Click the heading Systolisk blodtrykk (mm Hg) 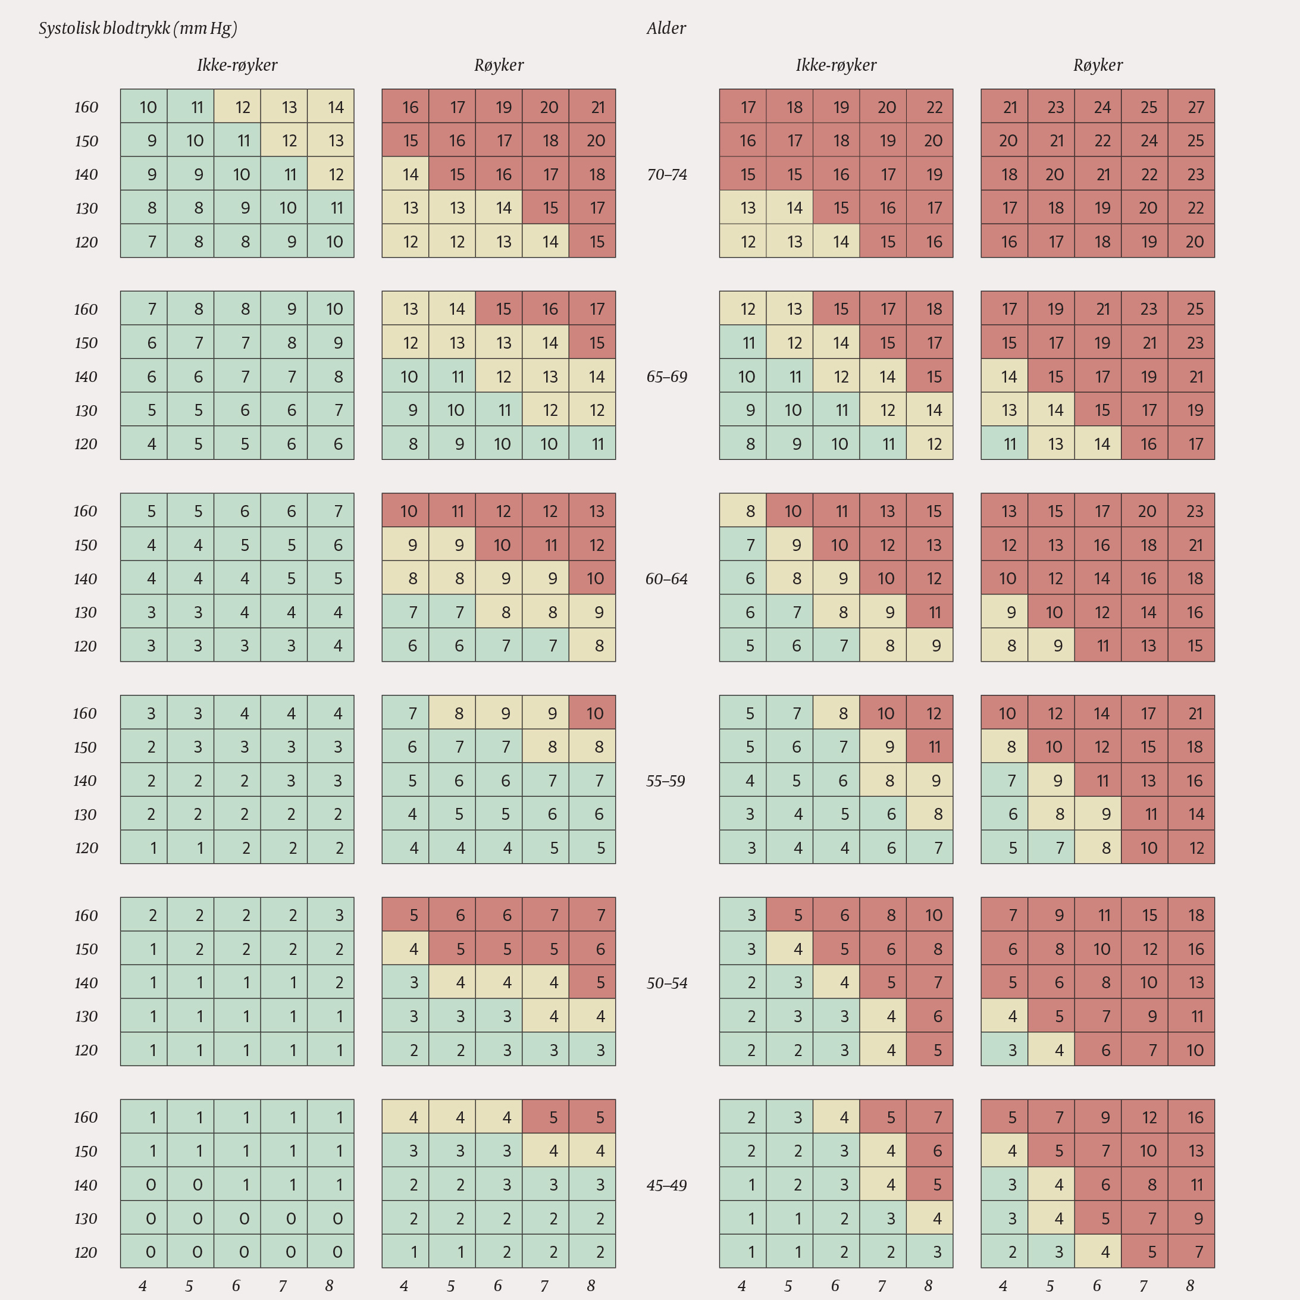(138, 29)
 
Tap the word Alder (666, 29)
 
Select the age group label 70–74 (667, 174)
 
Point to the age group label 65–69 (667, 376)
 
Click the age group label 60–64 (667, 579)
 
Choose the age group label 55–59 (666, 781)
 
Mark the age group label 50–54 (667, 982)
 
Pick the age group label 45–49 (667, 1185)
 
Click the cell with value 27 (1191, 106)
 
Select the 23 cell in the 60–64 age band (1191, 510)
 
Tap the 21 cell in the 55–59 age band (1191, 713)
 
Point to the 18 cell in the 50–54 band (1191, 914)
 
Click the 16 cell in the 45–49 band (1191, 1117)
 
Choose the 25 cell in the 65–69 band (1191, 309)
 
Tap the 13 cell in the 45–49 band (1191, 1151)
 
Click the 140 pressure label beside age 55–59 (86, 781)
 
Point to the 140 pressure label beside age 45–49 (86, 1185)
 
